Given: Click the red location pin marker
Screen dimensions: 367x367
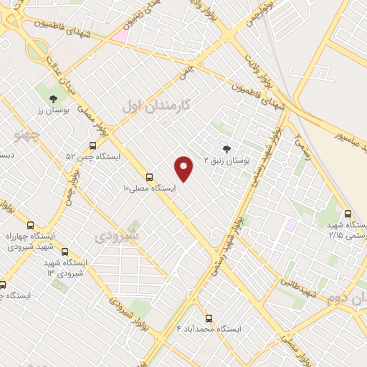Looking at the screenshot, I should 184,168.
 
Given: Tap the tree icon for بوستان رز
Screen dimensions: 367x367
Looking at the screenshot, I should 53,99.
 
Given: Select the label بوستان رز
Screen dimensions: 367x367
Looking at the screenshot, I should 51,111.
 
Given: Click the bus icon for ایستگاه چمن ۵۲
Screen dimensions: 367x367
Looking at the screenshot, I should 92,146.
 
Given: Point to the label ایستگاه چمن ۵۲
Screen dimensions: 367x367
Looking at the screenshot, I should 94,156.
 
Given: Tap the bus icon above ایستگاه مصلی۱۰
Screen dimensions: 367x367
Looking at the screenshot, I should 150,177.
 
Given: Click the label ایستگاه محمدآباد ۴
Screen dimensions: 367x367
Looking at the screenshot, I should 209,329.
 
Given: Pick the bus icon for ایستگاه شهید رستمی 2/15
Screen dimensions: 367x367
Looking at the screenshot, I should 348,214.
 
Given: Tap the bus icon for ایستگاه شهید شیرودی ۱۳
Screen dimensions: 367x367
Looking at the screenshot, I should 65,252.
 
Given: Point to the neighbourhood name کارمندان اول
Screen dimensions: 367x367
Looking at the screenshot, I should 157,105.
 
